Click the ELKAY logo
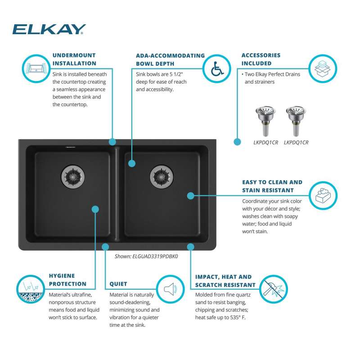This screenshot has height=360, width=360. point(49,30)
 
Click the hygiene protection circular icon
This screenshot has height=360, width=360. point(30,288)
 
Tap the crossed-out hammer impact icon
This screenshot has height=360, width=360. point(274,288)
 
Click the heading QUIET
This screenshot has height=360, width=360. point(118,284)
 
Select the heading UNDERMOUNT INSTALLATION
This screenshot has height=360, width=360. point(74,59)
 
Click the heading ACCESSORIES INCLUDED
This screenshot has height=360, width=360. point(261,59)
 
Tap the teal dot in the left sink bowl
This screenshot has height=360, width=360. point(95,209)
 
